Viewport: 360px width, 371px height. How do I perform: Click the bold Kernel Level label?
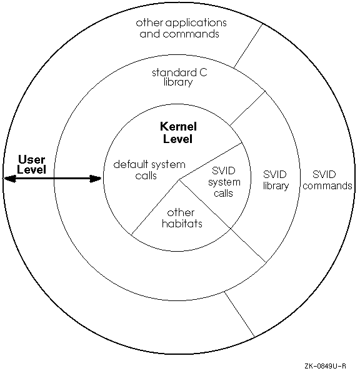[x=178, y=132]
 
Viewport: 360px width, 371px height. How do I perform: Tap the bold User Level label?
[x=31, y=164]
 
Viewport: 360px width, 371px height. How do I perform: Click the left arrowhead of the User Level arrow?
[x=10, y=179]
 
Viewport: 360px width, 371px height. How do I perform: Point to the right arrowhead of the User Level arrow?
[x=96, y=179]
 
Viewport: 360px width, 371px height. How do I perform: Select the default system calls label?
[x=149, y=170]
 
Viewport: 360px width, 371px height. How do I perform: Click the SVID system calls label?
[x=224, y=182]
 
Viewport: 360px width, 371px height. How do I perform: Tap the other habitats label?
[x=182, y=218]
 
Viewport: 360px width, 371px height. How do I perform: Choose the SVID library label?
[x=276, y=181]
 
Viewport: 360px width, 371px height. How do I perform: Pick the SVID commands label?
[x=327, y=180]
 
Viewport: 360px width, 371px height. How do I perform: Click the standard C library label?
[x=179, y=77]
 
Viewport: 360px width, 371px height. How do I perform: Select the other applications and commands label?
[x=181, y=28]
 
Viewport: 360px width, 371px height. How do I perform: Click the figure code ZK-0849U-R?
[x=325, y=366]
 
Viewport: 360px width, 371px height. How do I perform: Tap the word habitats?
[x=182, y=224]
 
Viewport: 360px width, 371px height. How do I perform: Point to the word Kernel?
[x=178, y=127]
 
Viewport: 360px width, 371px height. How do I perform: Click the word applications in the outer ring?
[x=196, y=24]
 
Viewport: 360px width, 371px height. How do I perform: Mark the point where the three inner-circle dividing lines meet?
[x=179, y=180]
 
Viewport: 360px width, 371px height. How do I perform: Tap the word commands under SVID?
[x=327, y=185]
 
